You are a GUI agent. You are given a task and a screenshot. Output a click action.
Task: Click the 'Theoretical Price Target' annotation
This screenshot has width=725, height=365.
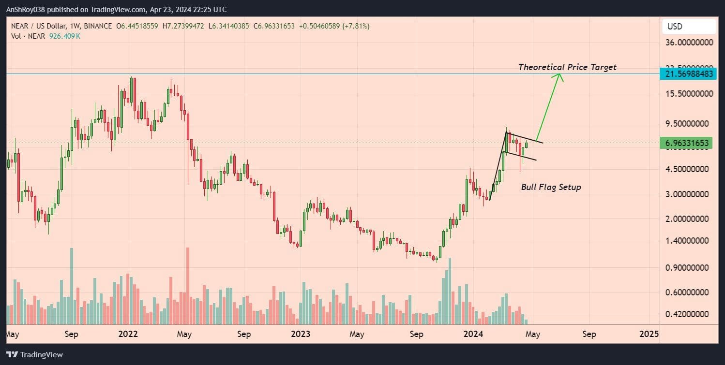567,67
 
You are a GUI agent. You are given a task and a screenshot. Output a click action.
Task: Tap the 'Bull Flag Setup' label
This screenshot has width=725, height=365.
551,187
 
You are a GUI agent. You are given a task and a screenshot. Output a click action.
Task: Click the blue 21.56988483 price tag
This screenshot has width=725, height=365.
689,74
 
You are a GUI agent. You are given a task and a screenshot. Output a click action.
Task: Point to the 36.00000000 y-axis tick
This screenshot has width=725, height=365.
689,43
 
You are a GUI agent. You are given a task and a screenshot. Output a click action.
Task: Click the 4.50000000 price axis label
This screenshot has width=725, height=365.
689,169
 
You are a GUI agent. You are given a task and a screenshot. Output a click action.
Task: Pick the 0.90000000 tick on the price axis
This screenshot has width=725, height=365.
689,267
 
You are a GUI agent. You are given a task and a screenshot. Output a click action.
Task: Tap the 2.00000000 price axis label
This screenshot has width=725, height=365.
689,219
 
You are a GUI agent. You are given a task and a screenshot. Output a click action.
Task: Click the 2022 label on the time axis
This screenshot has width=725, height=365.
128,334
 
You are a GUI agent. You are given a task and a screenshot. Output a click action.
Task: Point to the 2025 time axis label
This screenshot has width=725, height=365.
649,334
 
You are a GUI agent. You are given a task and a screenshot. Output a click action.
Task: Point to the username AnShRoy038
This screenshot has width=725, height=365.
29,10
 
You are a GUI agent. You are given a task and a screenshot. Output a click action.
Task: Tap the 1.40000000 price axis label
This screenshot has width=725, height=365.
689,241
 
